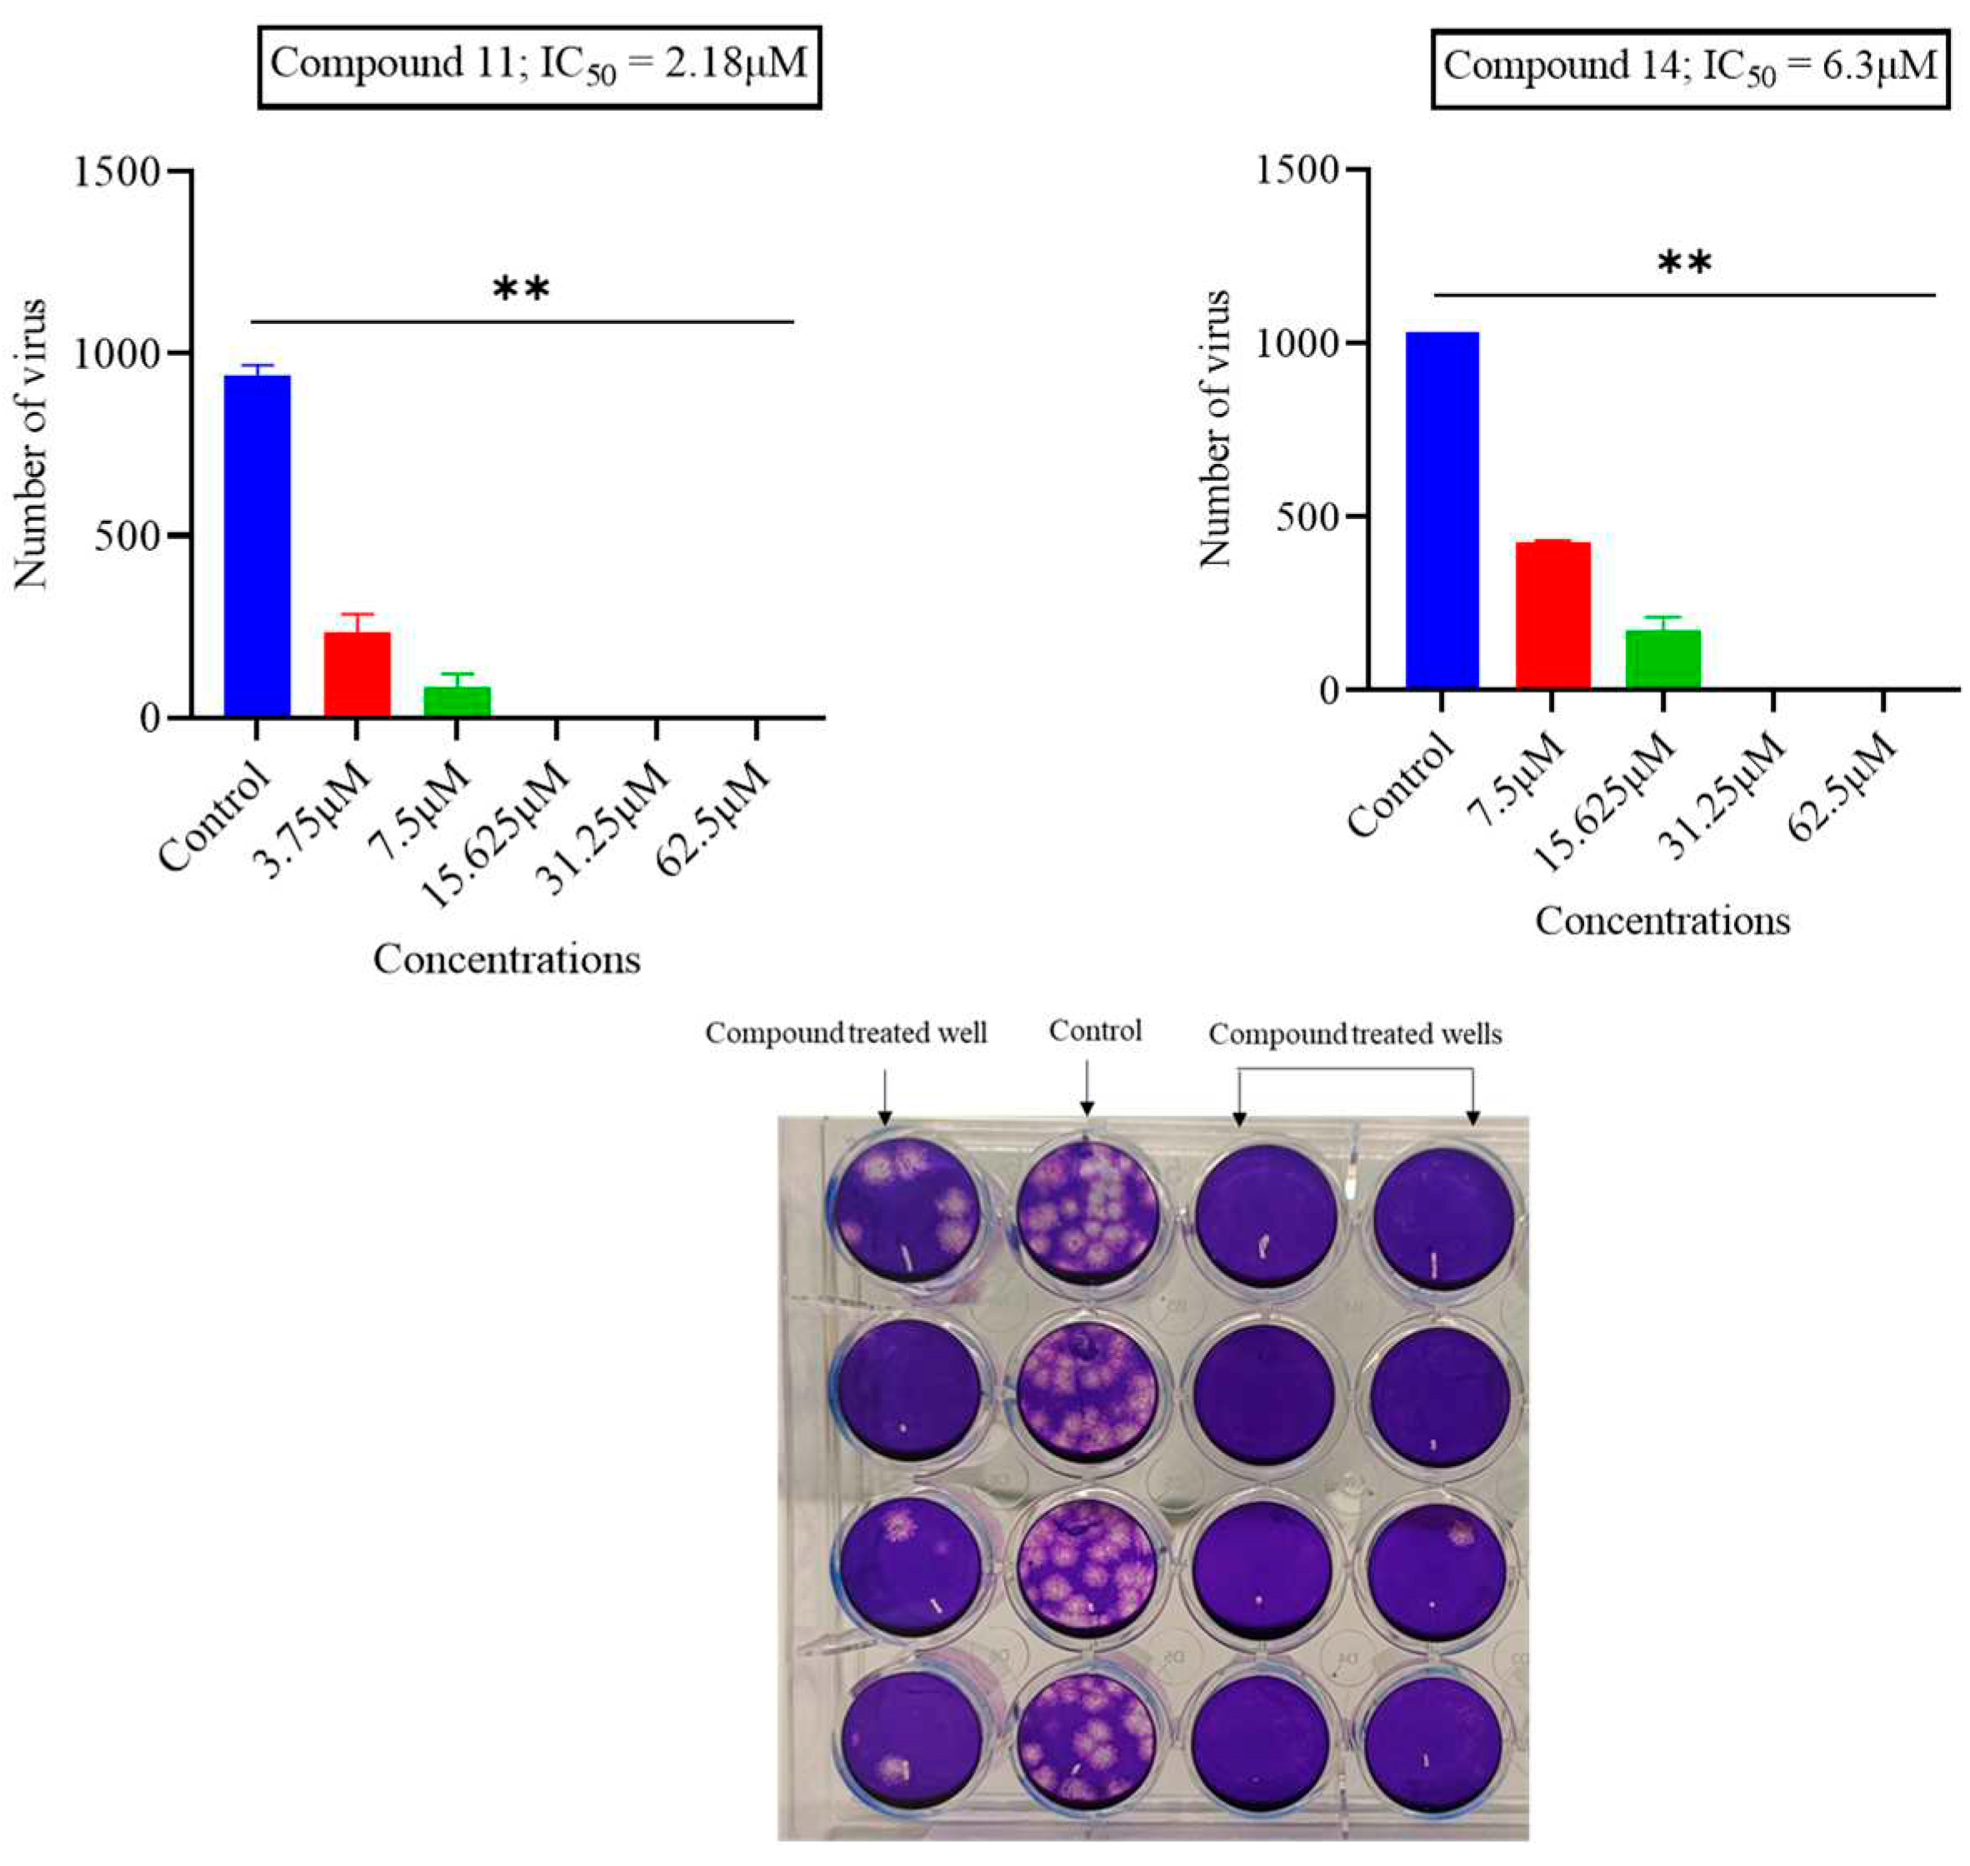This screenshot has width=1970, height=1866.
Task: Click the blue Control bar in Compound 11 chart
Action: coord(257,546)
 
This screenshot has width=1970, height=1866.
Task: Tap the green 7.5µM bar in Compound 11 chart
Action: coord(457,701)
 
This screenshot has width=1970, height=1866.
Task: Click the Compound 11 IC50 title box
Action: coord(539,66)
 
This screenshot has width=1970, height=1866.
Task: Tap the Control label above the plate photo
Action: coord(1096,1030)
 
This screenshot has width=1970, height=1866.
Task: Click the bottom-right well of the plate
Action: coord(1440,1739)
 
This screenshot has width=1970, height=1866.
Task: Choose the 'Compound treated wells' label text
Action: coord(1355,1035)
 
